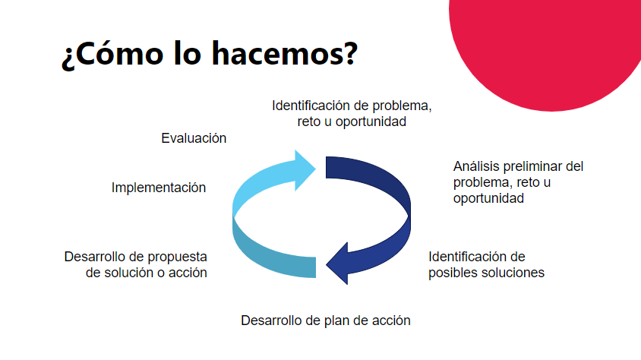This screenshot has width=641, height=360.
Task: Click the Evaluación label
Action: click(194, 138)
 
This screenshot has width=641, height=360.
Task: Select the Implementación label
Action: click(159, 188)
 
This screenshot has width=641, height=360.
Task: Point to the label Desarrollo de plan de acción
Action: click(325, 321)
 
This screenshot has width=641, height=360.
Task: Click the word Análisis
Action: click(476, 166)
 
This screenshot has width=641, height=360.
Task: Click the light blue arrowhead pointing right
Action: click(305, 170)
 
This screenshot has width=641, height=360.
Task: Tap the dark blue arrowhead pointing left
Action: click(337, 264)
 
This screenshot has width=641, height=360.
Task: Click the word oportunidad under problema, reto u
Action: click(488, 198)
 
